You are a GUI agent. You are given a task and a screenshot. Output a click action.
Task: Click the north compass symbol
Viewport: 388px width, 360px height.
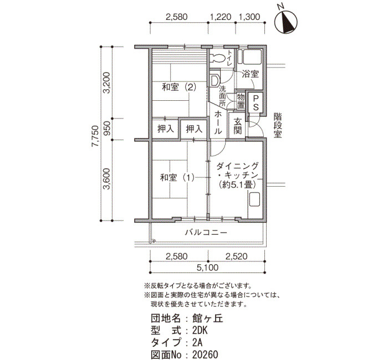point(287,23)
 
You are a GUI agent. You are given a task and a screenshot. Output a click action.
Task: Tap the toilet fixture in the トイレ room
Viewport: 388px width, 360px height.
point(217,58)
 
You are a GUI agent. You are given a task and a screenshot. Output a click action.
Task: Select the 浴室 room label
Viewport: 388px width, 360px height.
point(250,74)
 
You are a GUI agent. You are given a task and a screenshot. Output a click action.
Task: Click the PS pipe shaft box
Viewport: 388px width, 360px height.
point(256,103)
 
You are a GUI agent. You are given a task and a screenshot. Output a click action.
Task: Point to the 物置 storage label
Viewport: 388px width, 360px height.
point(241,101)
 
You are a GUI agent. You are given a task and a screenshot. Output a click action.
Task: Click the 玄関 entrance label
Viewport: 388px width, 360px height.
point(238,126)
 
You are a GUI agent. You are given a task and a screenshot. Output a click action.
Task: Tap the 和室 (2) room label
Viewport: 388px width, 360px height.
point(178,88)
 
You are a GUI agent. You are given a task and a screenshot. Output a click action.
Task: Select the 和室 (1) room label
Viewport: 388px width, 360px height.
point(177,178)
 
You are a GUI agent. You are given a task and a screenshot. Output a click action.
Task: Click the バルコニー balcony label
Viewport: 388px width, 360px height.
point(206,233)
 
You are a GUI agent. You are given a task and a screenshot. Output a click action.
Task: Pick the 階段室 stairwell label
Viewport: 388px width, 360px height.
point(278,126)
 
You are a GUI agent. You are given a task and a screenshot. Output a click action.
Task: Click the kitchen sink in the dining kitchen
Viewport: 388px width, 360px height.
point(254,199)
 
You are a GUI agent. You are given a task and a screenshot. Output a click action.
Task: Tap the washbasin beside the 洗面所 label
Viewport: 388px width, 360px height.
point(214,80)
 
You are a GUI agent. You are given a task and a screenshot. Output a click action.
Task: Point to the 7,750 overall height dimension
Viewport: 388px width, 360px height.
point(95,136)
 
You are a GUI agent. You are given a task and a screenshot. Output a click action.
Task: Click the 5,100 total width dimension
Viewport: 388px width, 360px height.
point(208,268)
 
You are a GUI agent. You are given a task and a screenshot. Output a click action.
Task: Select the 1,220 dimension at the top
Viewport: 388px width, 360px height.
point(221,17)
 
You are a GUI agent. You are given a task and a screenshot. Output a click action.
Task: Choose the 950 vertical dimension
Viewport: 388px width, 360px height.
point(106,128)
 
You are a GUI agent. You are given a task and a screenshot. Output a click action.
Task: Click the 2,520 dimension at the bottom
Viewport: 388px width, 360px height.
point(236,256)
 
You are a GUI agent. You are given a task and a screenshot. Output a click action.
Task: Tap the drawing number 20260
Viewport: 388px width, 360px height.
point(205,354)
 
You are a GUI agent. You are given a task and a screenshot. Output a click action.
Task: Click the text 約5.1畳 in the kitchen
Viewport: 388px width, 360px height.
point(237,184)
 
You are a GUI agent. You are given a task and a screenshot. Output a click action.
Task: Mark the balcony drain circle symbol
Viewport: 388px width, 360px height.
point(154,240)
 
